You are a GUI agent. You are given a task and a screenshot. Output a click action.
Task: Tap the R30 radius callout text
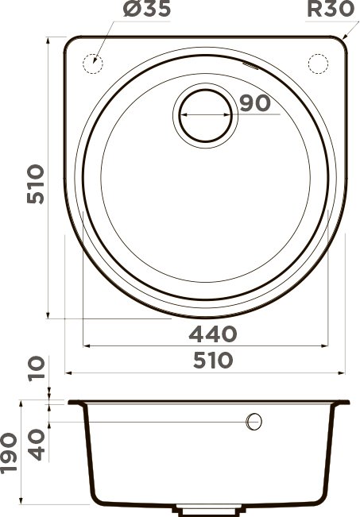pos(331,12)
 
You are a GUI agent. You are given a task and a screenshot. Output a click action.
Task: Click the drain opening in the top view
pos(206,114)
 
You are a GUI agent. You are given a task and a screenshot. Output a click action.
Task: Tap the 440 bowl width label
pos(213,332)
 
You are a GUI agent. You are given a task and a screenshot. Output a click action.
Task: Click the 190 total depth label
pos(10,453)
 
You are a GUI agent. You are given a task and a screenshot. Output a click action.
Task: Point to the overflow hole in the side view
pos(254,421)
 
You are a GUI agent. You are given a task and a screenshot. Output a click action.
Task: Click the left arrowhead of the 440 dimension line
pos(87,345)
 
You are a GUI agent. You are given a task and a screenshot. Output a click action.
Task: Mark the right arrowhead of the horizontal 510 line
pos(343,372)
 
